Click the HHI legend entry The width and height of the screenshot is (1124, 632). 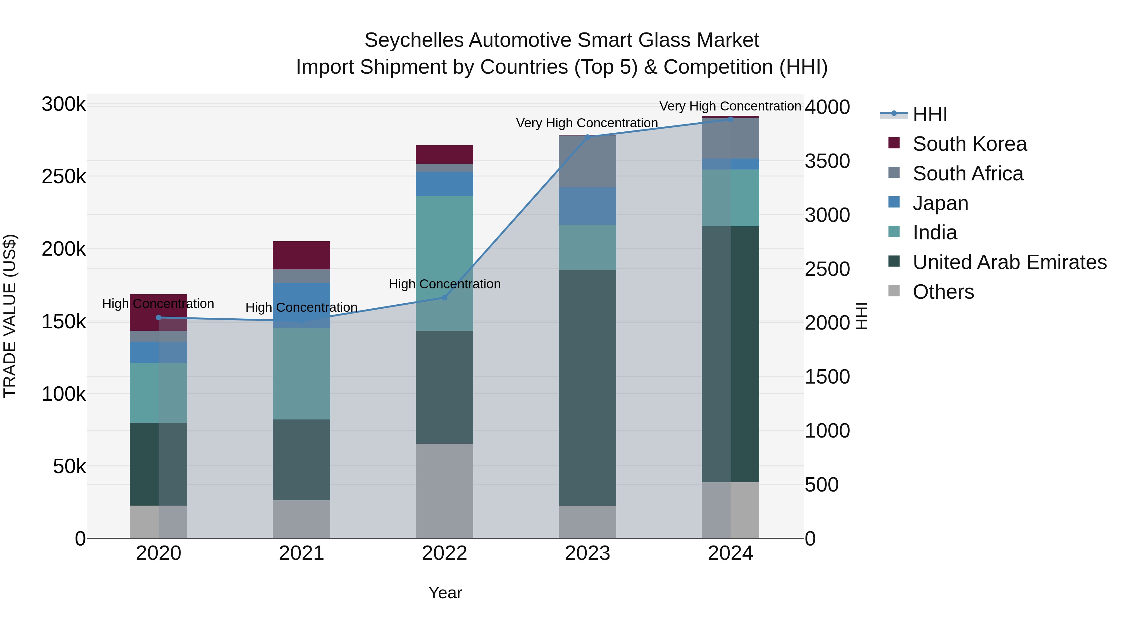[x=929, y=114]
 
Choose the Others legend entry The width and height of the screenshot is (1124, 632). [x=943, y=292]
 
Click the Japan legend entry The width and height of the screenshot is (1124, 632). [x=940, y=203]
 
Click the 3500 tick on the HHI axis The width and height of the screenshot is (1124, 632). [x=827, y=161]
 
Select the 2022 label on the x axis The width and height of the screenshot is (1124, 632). [x=444, y=553]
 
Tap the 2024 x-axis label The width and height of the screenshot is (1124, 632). [x=730, y=553]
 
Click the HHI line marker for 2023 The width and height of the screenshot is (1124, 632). [x=587, y=137]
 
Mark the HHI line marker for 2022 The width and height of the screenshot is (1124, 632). [x=444, y=297]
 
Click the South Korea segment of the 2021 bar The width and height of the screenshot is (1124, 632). [x=301, y=255]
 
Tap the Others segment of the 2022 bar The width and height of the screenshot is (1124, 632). [x=444, y=491]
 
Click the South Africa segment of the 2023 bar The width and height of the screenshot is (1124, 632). [x=587, y=161]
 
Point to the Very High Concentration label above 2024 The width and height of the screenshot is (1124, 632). [x=730, y=106]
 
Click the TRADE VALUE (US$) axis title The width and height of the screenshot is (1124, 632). [x=10, y=316]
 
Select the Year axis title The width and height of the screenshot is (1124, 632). [x=445, y=593]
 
